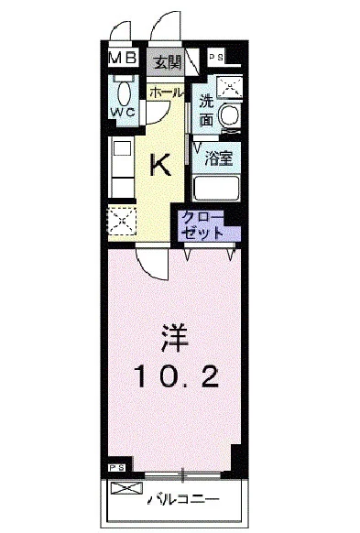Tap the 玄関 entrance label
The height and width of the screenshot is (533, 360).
tap(167, 62)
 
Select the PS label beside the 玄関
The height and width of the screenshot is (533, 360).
tap(217, 57)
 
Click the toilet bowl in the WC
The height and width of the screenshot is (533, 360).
tap(123, 91)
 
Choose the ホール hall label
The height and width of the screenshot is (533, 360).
tap(166, 92)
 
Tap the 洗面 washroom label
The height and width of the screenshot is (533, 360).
tap(207, 112)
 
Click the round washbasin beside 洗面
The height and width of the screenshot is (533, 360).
tap(231, 116)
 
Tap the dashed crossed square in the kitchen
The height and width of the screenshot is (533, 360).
tap(121, 222)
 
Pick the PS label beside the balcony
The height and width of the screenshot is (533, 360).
tap(115, 468)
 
